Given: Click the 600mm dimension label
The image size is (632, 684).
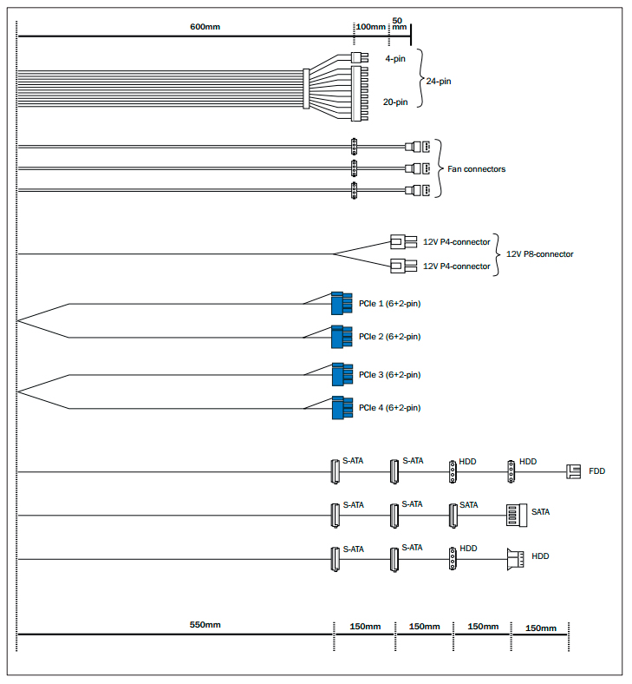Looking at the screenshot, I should [x=205, y=26].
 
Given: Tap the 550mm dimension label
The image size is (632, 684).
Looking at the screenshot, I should [x=205, y=625].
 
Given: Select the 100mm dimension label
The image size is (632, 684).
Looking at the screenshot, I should [x=371, y=26].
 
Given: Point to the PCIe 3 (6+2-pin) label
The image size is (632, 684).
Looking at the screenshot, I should [x=389, y=374].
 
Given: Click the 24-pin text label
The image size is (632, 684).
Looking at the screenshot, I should [x=439, y=81].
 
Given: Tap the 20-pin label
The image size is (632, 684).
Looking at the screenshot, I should [x=395, y=102].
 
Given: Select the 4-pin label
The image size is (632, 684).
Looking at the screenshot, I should [x=394, y=59].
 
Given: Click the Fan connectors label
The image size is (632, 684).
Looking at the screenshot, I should [x=476, y=169].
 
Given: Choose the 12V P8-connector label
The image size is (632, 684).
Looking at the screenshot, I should [x=539, y=254].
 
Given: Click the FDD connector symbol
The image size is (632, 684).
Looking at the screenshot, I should [x=573, y=471].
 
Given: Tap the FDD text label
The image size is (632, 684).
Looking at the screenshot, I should [x=596, y=471].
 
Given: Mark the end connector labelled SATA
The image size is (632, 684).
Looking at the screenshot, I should [x=516, y=515].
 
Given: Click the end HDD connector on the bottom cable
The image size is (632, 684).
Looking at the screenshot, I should [x=515, y=559].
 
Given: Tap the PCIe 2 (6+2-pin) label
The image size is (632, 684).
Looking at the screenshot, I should [x=389, y=336].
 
